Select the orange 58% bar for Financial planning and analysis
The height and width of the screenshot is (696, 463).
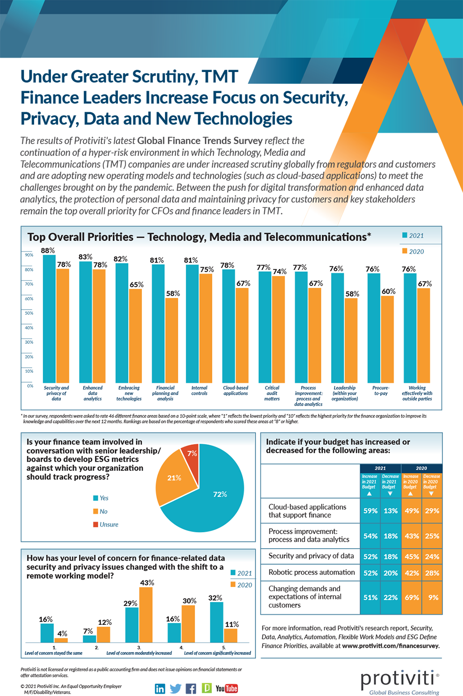[172, 341]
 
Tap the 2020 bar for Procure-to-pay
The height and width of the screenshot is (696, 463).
[387, 340]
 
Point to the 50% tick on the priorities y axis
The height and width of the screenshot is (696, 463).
[29, 313]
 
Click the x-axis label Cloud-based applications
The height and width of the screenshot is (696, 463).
[236, 391]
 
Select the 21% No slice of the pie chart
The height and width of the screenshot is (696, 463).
[175, 479]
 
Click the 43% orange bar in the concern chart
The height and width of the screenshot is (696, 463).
[146, 615]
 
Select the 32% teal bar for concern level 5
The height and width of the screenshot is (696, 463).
[217, 622]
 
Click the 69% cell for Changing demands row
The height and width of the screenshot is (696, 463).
[412, 597]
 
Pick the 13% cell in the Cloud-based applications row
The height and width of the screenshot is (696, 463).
[391, 511]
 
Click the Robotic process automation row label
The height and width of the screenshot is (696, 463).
[311, 572]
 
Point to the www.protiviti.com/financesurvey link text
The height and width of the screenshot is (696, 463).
[391, 645]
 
